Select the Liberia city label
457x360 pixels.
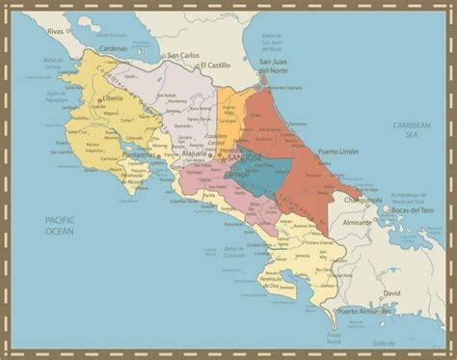[x=117, y=98]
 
